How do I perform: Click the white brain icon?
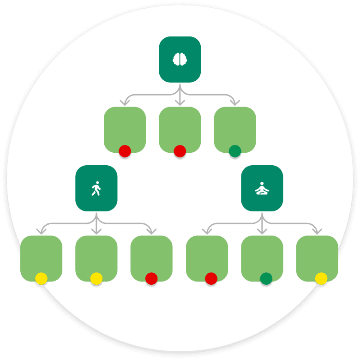click(x=180, y=59)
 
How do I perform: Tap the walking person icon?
click(x=96, y=188)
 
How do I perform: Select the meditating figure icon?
click(x=262, y=188)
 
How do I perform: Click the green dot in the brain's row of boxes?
click(x=235, y=151)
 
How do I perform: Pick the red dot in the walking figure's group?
click(x=151, y=278)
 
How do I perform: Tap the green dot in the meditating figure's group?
click(x=266, y=278)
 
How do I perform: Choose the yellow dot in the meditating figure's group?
click(x=321, y=278)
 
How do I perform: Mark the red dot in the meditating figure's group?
click(x=211, y=278)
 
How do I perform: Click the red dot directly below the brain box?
click(x=180, y=151)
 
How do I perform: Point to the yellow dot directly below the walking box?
click(x=96, y=278)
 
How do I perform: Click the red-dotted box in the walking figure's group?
click(x=151, y=257)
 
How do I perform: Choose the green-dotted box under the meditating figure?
click(x=262, y=257)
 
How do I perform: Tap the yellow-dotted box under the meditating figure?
click(x=317, y=257)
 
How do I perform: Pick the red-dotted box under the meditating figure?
click(x=207, y=257)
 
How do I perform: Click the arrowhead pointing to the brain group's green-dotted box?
click(x=235, y=103)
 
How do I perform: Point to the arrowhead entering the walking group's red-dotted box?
click(x=151, y=231)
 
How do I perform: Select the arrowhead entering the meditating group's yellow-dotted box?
click(x=317, y=231)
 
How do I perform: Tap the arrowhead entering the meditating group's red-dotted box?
click(x=207, y=231)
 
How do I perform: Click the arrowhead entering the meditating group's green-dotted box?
click(x=262, y=231)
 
